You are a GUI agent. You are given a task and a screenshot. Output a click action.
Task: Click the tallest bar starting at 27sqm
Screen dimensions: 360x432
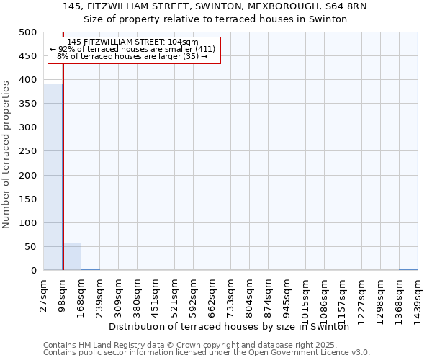[x=53, y=177]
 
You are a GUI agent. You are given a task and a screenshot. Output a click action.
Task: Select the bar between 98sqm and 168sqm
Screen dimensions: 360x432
[x=72, y=256]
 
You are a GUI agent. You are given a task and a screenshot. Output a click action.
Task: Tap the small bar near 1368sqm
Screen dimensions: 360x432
[x=408, y=269]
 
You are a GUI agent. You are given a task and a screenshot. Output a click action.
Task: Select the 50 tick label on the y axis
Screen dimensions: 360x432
[x=30, y=247]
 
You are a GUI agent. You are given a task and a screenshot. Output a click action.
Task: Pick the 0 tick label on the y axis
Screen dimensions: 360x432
[x=33, y=271]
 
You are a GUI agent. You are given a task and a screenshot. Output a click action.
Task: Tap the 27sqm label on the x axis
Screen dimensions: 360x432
[x=44, y=294]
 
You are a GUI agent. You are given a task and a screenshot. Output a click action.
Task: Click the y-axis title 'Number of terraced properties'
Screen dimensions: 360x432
[x=6, y=154]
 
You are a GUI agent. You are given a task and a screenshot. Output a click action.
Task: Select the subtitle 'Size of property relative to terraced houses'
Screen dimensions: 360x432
[x=215, y=19]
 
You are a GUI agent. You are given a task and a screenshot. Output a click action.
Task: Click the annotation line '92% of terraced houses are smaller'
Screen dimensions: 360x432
[x=132, y=49]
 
